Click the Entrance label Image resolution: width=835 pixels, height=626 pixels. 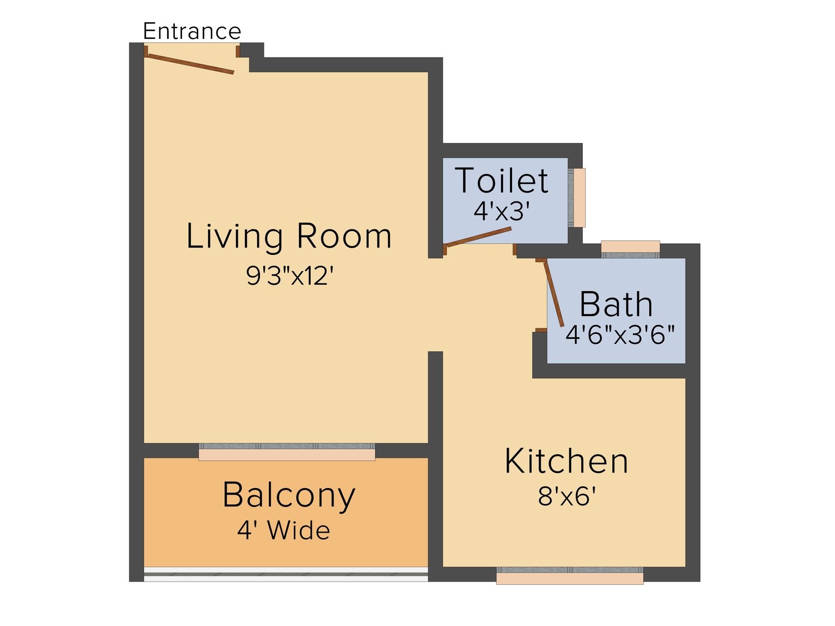pos(191,31)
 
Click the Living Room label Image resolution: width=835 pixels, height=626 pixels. pos(289,236)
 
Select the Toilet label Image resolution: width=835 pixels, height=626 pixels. pos(502,180)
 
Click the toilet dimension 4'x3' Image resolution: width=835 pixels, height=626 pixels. pos(502,211)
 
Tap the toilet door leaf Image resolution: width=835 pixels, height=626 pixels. pos(478,237)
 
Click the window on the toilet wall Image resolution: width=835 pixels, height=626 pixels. pos(577,198)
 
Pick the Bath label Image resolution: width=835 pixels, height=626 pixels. pos(616,304)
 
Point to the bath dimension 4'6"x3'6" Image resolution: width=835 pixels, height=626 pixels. pos(620,334)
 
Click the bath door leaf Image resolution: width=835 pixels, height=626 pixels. pos(553,294)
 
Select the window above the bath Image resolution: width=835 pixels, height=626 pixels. pos(630,249)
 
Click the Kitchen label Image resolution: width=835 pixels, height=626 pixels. pos(567,461)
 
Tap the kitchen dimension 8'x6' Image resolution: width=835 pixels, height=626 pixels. pos(567,496)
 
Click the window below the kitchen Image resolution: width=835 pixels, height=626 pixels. pos(569,575)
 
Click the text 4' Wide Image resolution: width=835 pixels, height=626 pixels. pos(283,531)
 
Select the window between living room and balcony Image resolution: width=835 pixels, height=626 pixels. pos(287,452)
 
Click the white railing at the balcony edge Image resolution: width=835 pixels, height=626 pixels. pos(286,574)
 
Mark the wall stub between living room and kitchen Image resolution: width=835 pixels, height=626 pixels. pos(435,397)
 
